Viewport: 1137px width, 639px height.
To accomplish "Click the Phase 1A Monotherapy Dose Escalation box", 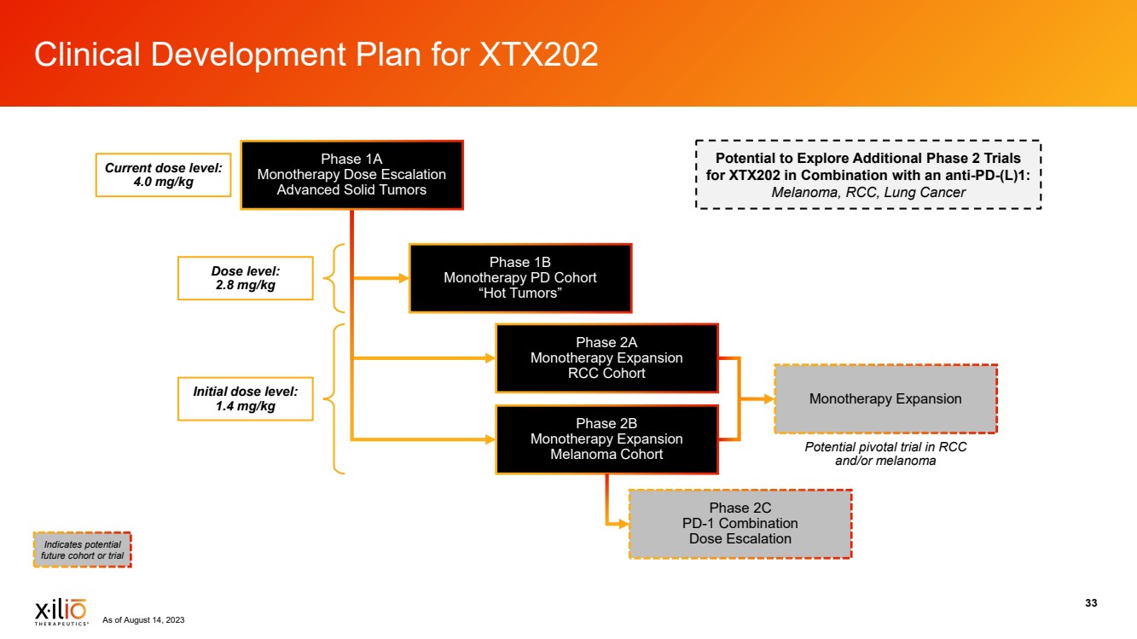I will point(351,175).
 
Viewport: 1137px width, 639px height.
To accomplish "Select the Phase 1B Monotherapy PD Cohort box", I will point(520,278).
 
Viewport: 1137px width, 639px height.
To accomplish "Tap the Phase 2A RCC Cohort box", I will point(606,357).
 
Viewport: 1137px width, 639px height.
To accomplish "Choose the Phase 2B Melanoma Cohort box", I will point(606,439).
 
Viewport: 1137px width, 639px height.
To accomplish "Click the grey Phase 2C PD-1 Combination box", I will point(740,524).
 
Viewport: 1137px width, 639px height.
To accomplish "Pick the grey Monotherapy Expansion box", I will point(885,399).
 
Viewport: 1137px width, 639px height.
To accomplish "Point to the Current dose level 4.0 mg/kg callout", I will point(163,176).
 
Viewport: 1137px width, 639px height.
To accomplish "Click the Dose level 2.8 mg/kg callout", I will point(246,278).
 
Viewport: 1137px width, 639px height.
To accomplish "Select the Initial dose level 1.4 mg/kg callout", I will point(246,398).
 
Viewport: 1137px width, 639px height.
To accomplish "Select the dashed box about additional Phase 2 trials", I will point(868,175).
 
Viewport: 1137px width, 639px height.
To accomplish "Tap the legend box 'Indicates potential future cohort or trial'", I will point(82,549).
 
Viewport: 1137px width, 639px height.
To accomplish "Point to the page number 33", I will point(1091,603).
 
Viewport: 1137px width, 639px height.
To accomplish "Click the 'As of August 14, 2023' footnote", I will point(143,620).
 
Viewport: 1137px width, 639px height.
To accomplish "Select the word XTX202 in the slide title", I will point(538,55).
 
